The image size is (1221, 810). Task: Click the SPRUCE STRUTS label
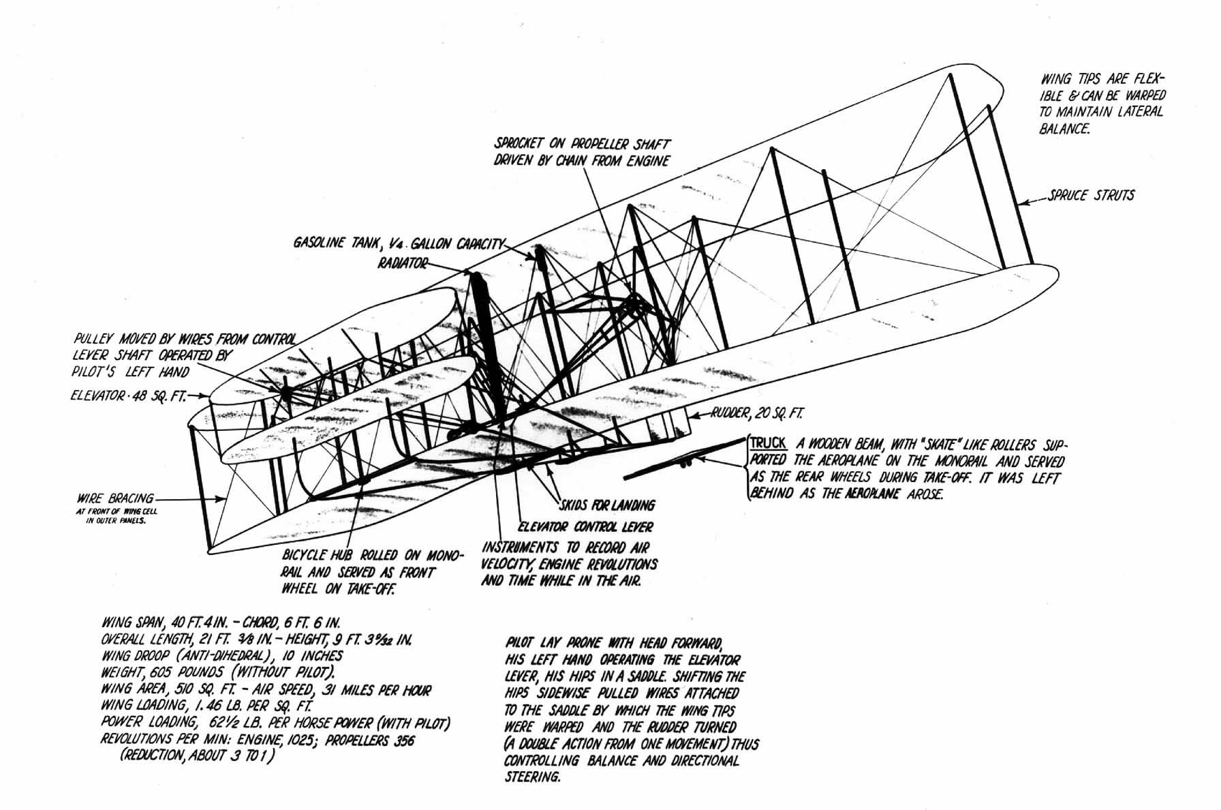coord(1092,196)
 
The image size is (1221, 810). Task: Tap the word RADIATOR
coord(402,263)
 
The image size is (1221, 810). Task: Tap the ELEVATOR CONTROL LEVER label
coord(585,526)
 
